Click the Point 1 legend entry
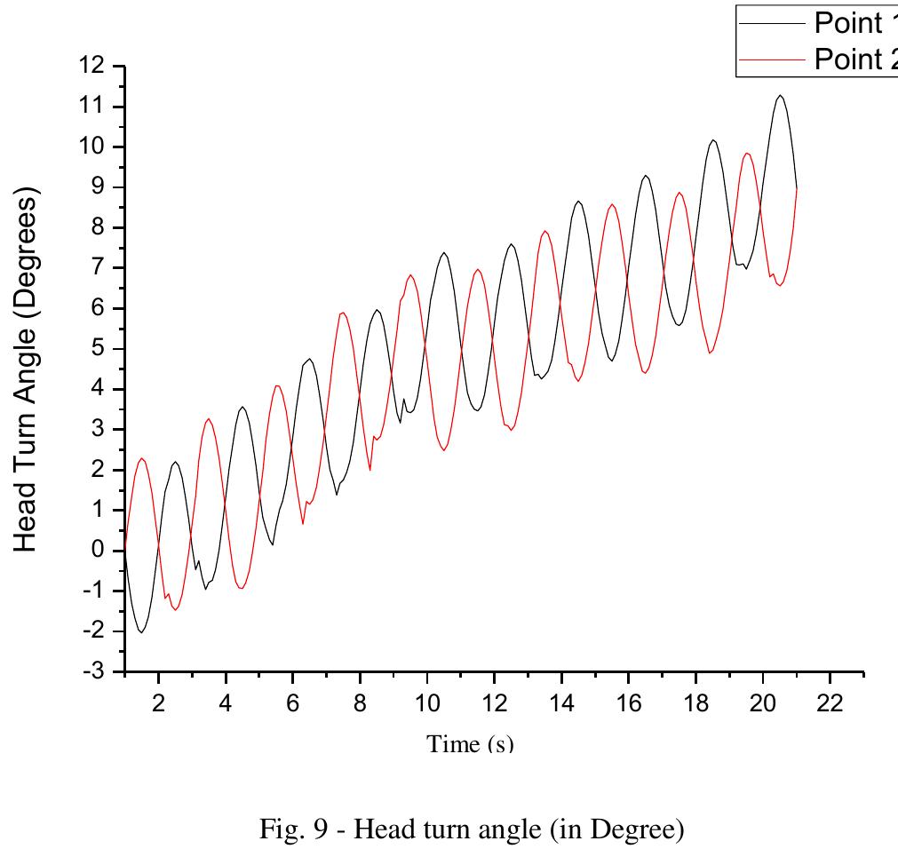coord(848,24)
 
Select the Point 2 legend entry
coord(848,60)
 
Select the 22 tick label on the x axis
coord(830,703)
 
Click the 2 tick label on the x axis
coord(158,703)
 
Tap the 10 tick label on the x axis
coord(427,703)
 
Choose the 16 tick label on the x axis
coord(629,703)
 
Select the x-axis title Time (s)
coord(470,744)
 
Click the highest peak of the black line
coord(780,95)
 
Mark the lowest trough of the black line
coord(141,632)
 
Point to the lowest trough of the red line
coord(175,609)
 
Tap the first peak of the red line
coord(142,458)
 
